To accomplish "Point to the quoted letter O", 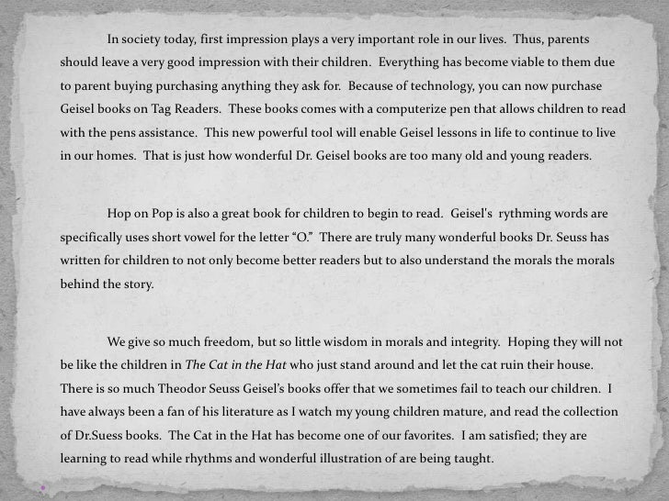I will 302,237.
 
